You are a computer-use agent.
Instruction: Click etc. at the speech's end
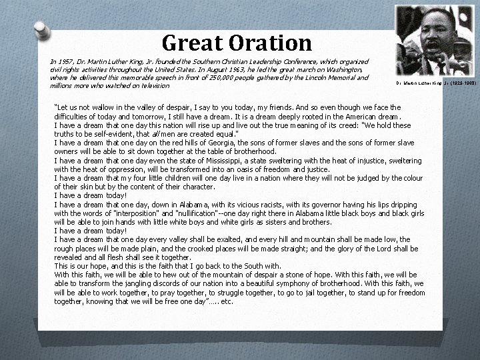[x=227, y=301]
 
